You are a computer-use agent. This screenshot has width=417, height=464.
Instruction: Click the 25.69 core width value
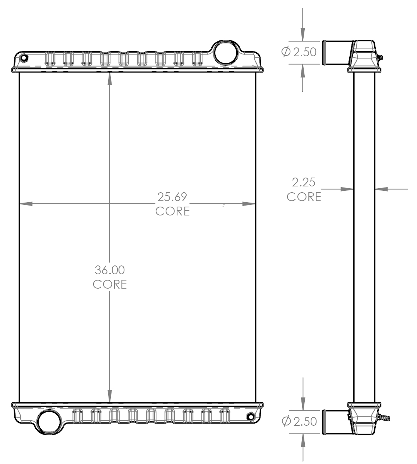pos(172,197)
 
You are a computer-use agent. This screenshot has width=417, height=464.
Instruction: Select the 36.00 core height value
pos(110,270)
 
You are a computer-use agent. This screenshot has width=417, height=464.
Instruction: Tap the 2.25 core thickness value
pos(304,182)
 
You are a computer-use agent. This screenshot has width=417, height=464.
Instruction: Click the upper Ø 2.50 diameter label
pos(299,52)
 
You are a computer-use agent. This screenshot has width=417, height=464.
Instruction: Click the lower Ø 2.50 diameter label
pos(299,421)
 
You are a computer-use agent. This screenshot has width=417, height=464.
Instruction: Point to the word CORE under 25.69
pos(172,211)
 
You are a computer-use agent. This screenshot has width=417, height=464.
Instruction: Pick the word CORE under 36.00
pos(110,284)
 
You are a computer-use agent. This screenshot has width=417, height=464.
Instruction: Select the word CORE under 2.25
pos(304,197)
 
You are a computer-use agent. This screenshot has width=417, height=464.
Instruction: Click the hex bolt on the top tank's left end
pos(24,58)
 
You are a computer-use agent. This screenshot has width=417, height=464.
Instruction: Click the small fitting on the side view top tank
pos(379,58)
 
